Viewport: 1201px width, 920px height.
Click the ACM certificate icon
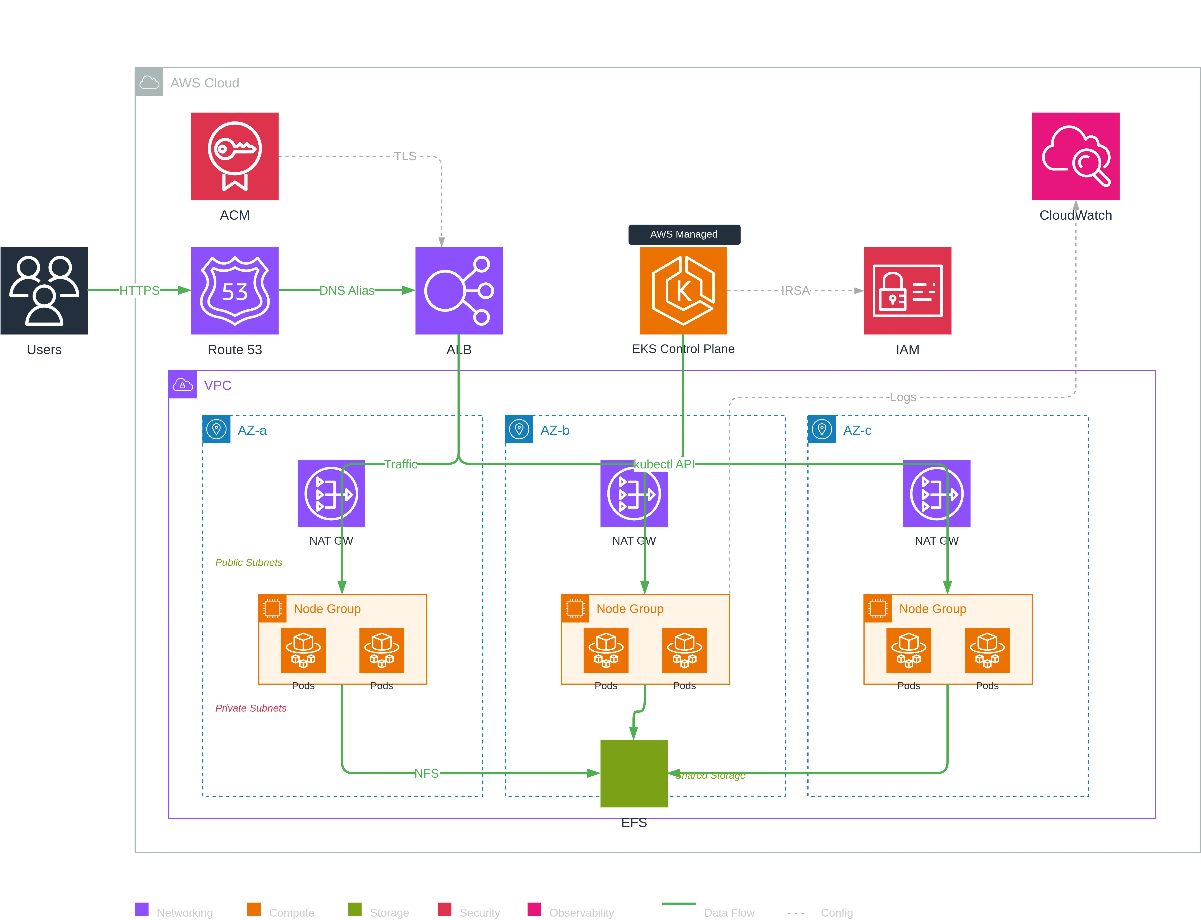(235, 156)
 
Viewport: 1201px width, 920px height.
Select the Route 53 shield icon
(235, 290)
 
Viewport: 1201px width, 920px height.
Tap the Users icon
(44, 290)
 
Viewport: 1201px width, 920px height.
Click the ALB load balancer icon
(459, 290)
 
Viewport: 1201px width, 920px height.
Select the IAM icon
(907, 290)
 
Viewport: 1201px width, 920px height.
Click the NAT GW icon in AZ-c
(936, 494)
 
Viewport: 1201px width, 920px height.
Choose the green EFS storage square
(634, 773)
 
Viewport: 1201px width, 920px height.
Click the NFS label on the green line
(426, 773)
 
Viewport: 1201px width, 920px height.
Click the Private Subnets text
(250, 708)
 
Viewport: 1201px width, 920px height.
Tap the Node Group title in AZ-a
(327, 609)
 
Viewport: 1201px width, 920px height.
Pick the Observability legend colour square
(534, 909)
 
